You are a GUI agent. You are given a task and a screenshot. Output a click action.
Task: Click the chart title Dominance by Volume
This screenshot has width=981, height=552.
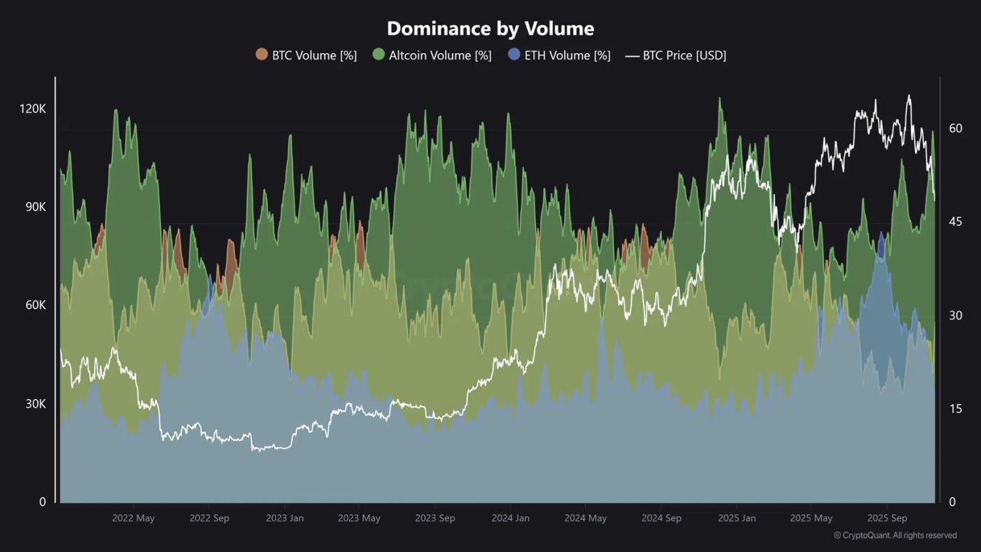(490, 29)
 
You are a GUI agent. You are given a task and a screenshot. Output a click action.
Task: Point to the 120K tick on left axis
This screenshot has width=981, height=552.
(32, 109)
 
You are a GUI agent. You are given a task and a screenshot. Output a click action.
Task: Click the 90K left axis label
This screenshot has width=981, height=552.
(33, 208)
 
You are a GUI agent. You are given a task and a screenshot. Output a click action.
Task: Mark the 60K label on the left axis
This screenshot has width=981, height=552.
(33, 306)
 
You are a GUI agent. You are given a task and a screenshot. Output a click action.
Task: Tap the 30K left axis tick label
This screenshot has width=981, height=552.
(33, 404)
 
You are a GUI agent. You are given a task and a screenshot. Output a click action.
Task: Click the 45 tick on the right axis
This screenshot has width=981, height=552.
(955, 222)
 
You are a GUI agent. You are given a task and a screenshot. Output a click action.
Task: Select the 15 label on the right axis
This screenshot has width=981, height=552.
(955, 409)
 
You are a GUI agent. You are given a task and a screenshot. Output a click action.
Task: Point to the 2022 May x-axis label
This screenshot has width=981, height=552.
(133, 518)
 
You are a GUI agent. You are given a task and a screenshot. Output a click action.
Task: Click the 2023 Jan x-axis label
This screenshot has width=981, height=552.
(284, 518)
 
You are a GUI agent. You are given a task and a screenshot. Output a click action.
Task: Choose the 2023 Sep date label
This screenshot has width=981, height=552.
(434, 518)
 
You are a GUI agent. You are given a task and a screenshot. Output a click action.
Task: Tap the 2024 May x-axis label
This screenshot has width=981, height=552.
(585, 518)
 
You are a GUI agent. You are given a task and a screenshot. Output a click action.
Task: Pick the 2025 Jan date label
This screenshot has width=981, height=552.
(736, 518)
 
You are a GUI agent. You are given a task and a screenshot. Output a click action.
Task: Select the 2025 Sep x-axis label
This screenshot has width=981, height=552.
(887, 518)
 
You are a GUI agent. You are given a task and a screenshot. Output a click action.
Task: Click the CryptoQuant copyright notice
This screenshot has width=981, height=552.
(895, 535)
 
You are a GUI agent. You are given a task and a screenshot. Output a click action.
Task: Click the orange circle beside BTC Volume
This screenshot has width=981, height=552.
(262, 55)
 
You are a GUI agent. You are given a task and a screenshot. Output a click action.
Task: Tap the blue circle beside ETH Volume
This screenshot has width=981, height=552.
(514, 55)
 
